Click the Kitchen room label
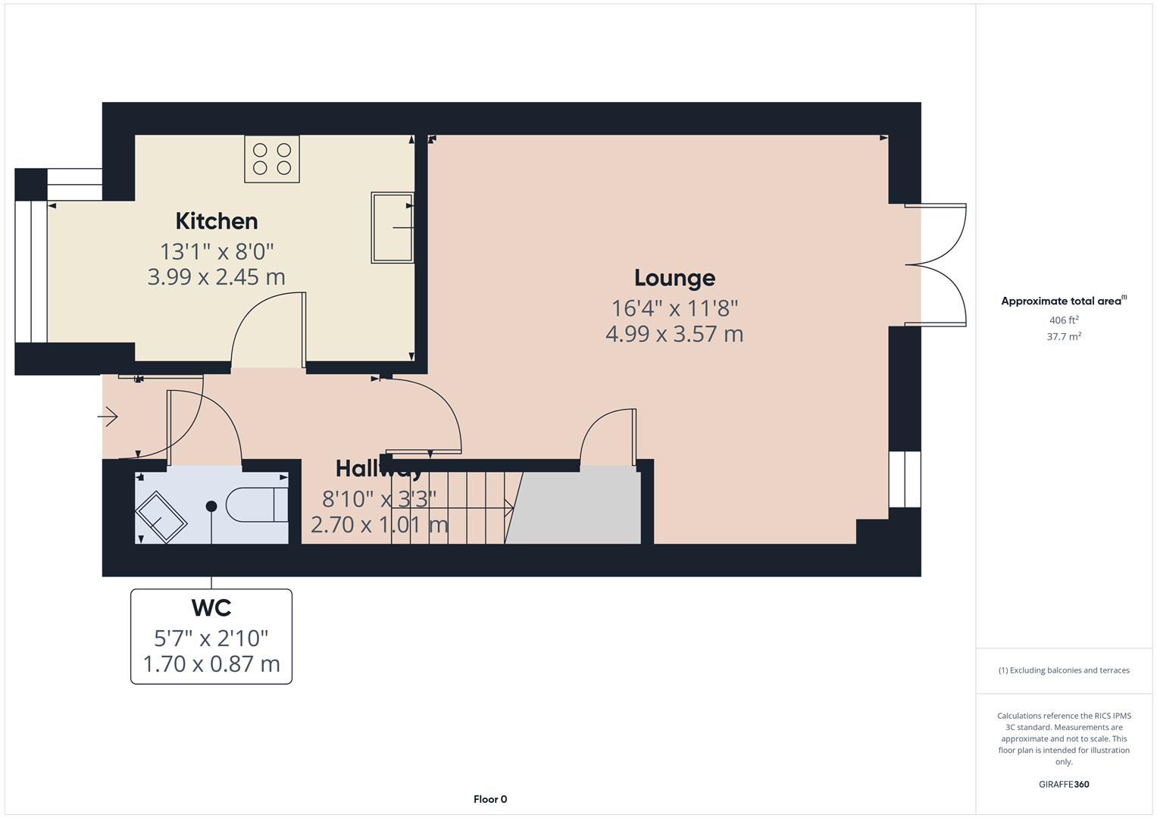(217, 221)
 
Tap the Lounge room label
(674, 278)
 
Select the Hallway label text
(379, 469)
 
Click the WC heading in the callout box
(211, 608)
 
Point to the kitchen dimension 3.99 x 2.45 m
(217, 277)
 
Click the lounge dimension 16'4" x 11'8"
(674, 308)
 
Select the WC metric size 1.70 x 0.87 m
(211, 664)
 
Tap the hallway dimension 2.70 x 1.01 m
(379, 524)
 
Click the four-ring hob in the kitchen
(272, 159)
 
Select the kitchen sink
(392, 227)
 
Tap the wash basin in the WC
(161, 517)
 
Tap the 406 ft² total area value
(1064, 320)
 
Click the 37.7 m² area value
(1064, 337)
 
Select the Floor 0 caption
(490, 799)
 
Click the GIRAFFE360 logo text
(1064, 784)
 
